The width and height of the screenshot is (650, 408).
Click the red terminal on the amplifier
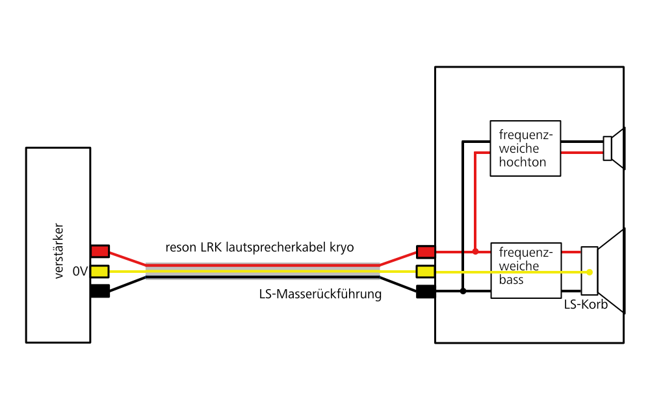point(100,251)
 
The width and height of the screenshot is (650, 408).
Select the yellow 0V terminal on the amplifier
point(100,271)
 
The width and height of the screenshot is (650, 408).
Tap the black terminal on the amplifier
point(100,291)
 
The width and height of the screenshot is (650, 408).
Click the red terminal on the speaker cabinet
point(426,251)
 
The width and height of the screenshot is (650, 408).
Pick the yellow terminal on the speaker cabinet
point(426,271)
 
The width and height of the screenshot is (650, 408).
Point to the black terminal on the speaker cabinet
point(426,291)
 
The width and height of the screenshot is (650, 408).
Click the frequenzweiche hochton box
point(525,148)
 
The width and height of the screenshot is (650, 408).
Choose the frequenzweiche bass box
point(525,271)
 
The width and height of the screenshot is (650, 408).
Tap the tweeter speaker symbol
point(614,148)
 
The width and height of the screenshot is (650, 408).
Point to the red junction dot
point(476,251)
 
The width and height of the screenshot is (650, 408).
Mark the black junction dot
point(463,291)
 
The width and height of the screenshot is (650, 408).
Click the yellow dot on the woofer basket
point(590,272)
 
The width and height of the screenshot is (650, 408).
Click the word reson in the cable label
point(181,248)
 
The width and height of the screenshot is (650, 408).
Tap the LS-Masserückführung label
point(320,294)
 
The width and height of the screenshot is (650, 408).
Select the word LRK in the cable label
point(213,248)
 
